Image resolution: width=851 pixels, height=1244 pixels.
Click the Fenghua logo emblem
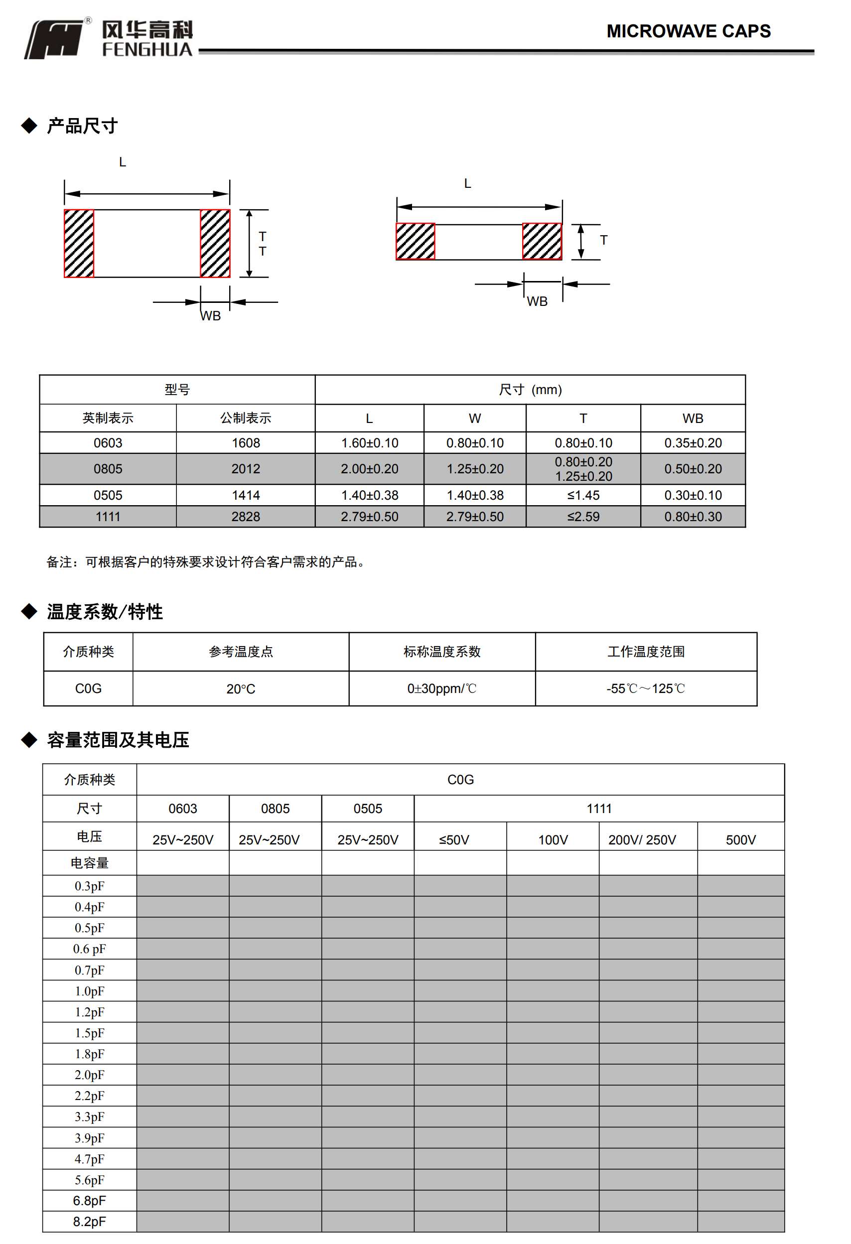56,39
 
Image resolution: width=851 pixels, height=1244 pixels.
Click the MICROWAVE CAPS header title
688,31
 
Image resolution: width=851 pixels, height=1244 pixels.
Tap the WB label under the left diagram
211,316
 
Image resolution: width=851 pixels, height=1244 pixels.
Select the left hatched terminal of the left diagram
79,244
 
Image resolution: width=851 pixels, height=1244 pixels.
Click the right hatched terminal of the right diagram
542,242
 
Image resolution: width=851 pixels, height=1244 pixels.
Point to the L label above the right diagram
467,184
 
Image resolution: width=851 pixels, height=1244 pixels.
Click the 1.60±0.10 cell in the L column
369,443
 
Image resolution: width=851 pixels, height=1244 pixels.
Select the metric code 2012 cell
246,469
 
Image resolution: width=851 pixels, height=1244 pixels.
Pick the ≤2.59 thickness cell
583,517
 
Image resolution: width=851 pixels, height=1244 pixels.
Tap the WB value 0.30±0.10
693,495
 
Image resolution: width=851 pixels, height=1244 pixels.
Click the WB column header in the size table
693,418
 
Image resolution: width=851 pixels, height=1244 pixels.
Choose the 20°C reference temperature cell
241,689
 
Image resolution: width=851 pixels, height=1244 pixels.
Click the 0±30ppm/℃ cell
441,689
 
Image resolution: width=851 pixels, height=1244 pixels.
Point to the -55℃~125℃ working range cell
646,689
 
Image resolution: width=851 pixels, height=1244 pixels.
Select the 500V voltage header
740,840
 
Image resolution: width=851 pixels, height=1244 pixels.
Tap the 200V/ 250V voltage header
642,840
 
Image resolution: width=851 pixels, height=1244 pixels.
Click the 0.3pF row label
89,886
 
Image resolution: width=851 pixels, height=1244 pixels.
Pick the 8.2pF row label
89,1222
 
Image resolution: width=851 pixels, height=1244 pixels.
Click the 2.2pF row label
89,1096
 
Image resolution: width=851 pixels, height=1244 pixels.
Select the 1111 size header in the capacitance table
599,808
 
